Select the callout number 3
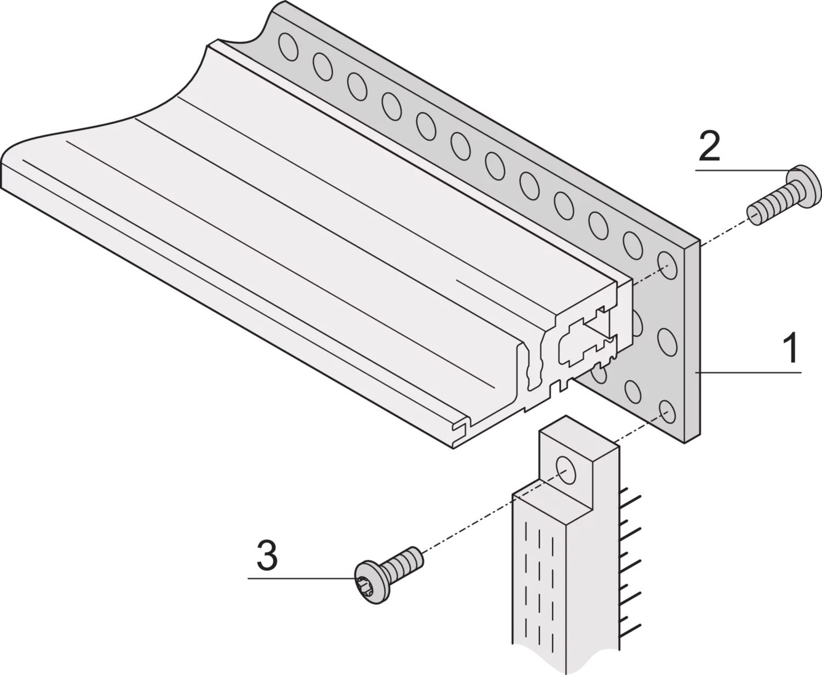(x=267, y=556)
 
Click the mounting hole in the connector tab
(x=565, y=467)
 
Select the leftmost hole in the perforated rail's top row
(x=288, y=47)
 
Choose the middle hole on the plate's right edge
(x=666, y=340)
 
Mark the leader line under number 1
(x=751, y=373)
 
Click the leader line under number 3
(x=301, y=578)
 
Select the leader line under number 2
(x=740, y=170)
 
